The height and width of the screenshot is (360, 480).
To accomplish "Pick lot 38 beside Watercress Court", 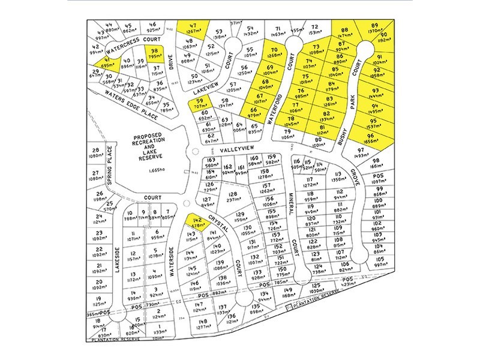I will click(x=155, y=55).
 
